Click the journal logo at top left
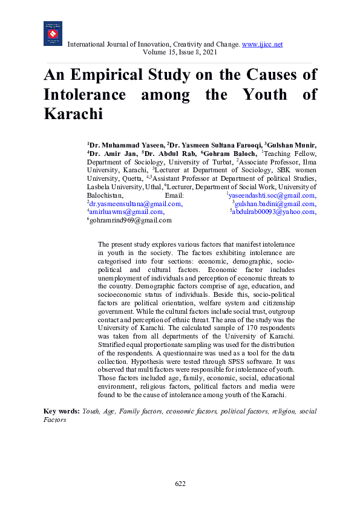click(53, 34)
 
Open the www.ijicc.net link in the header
click(263, 45)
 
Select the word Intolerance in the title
click(85, 95)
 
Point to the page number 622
click(180, 484)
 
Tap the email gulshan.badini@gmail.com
click(275, 204)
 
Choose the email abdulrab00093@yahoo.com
click(274, 212)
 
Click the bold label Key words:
click(62, 411)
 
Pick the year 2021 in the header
click(208, 53)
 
